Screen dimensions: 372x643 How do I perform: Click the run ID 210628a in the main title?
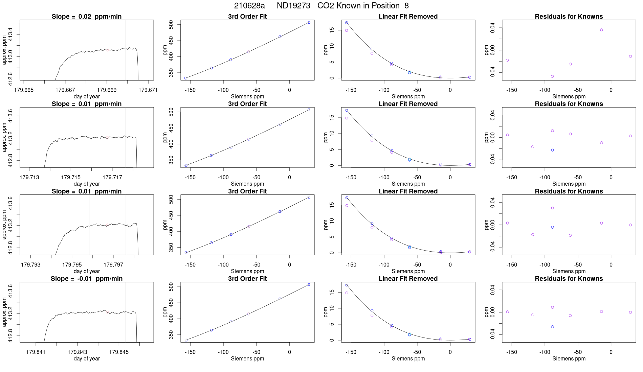(249, 6)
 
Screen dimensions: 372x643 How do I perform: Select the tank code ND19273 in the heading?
(293, 6)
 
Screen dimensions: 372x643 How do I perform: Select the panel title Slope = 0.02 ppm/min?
(87, 17)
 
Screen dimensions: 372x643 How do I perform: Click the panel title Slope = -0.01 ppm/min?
(87, 279)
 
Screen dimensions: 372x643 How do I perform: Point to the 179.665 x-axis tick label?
(24, 90)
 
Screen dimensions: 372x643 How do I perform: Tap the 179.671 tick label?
(148, 90)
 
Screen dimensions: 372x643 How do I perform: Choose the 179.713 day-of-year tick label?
(29, 177)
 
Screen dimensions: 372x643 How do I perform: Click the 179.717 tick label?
(112, 177)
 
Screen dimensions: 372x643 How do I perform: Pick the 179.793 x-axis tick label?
(30, 264)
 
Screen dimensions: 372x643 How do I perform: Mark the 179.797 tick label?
(113, 264)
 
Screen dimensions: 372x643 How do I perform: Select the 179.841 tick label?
(36, 352)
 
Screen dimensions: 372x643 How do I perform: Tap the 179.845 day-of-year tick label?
(119, 352)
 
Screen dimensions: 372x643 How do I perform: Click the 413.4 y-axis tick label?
(10, 34)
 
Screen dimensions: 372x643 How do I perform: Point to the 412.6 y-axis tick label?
(10, 78)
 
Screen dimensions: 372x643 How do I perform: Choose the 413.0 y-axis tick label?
(10, 56)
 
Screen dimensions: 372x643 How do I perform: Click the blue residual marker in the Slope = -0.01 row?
(552, 327)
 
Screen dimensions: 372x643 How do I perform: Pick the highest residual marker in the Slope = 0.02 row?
(601, 30)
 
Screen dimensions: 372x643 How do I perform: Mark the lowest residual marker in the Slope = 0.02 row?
(552, 76)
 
